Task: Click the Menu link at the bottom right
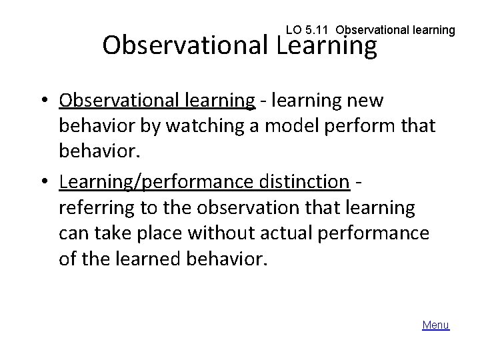(x=436, y=325)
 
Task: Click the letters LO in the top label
(x=293, y=30)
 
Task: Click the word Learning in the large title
(x=326, y=45)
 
